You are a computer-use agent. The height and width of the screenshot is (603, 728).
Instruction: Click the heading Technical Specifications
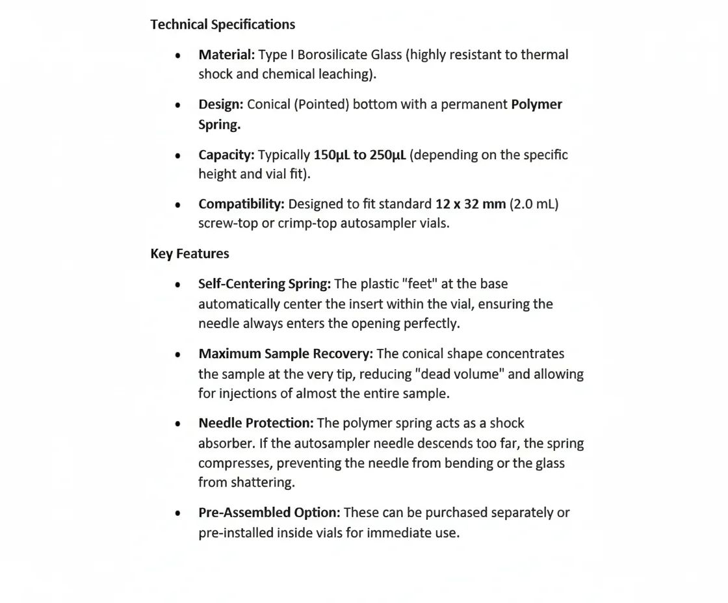point(222,25)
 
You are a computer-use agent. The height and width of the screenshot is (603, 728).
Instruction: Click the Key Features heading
point(190,253)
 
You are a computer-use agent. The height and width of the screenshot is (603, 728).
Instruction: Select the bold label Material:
point(226,55)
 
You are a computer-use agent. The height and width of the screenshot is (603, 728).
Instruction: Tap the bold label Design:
point(221,105)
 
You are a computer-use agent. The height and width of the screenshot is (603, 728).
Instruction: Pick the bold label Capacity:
point(226,155)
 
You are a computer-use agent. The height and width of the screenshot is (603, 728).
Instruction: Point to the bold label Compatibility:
point(241,204)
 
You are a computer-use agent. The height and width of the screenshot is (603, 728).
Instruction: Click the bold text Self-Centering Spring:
point(265,284)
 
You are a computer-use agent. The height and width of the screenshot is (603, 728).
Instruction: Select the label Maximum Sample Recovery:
point(285,354)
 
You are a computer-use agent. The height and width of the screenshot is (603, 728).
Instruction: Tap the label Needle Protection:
point(255,423)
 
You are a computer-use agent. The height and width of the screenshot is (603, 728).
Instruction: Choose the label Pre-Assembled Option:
point(269,513)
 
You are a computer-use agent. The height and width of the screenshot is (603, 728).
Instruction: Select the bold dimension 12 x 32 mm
point(471,204)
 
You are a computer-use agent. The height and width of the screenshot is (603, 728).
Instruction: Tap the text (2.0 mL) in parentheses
point(534,204)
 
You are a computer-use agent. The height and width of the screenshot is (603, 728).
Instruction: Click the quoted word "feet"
point(420,284)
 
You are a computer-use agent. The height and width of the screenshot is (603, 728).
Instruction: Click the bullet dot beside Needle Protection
point(177,424)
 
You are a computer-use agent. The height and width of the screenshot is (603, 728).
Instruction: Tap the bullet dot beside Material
point(177,55)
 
